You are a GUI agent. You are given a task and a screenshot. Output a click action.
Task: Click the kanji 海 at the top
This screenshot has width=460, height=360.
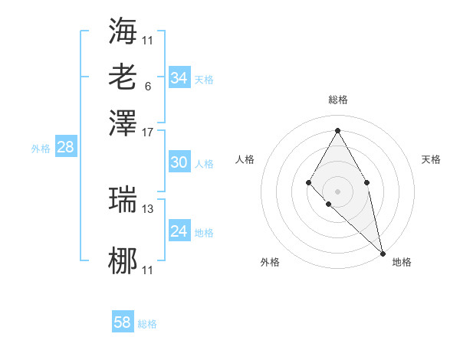click(x=123, y=31)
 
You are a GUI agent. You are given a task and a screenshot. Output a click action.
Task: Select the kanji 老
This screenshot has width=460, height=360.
click(x=123, y=77)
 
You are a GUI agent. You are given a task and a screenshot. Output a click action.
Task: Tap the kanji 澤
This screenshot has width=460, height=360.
click(x=123, y=123)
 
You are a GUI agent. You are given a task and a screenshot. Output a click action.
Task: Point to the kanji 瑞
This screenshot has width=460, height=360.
click(x=123, y=199)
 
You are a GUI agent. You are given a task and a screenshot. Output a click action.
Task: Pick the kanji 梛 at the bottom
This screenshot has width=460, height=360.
click(x=123, y=261)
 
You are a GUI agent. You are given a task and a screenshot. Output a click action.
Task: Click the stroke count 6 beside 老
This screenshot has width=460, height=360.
click(x=147, y=86)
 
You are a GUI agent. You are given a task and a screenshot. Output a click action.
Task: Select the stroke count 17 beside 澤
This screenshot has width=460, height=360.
click(x=148, y=131)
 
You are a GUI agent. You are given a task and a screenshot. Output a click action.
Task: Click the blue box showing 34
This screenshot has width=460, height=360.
click(x=179, y=78)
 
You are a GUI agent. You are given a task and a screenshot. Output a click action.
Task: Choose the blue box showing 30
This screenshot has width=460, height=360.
click(x=179, y=162)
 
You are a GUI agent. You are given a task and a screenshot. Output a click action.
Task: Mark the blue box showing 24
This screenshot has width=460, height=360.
click(x=179, y=231)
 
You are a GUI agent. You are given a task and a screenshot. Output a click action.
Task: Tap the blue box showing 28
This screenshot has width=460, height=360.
click(x=65, y=147)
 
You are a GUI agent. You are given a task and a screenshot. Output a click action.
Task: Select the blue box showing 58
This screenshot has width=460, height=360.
click(x=122, y=322)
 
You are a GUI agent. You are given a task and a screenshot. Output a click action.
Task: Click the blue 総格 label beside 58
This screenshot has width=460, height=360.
click(x=147, y=324)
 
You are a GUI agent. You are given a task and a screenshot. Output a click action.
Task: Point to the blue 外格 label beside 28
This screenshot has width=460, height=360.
click(x=40, y=149)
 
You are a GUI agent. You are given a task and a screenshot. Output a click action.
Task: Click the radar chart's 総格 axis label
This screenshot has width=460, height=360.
click(x=337, y=100)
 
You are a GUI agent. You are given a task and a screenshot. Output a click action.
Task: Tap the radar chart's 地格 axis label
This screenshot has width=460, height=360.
click(x=402, y=263)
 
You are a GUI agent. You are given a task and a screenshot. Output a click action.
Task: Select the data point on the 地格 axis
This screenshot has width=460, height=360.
click(x=383, y=254)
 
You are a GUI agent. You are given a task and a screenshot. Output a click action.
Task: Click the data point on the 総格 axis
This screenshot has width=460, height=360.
click(x=337, y=129)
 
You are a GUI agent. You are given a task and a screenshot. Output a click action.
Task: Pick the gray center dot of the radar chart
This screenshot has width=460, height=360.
click(x=337, y=191)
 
